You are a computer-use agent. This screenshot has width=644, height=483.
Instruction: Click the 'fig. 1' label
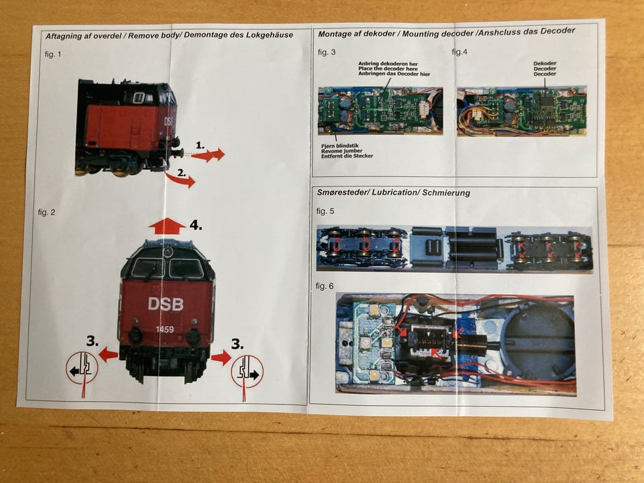[x=53, y=54]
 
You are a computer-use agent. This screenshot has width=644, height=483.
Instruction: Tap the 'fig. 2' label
[x=46, y=213]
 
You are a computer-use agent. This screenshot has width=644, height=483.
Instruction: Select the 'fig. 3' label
[x=327, y=52]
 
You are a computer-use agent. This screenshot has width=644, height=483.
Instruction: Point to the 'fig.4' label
[x=459, y=52]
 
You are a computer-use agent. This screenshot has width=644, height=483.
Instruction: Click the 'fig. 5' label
[x=325, y=211]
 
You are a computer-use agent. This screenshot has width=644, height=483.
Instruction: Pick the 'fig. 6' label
[x=325, y=286]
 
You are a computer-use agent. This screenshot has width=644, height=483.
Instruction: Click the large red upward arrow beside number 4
[x=167, y=226]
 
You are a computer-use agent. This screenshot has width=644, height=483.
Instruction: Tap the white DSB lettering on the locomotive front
[x=166, y=304]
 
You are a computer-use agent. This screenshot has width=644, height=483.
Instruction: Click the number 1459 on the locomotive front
[x=165, y=329]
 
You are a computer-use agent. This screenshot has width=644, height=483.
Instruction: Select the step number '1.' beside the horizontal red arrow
[x=200, y=145]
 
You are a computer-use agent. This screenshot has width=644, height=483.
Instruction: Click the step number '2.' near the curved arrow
[x=182, y=173]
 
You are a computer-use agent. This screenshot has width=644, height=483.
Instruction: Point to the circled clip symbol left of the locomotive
[x=82, y=368]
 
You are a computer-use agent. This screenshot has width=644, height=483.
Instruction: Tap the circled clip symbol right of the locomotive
[x=248, y=371]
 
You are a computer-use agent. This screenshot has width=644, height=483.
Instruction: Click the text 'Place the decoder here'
[x=388, y=68]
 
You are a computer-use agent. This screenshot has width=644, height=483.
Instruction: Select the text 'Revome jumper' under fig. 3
[x=341, y=151]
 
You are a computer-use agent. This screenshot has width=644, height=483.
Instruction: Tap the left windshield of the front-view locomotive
[x=148, y=268]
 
